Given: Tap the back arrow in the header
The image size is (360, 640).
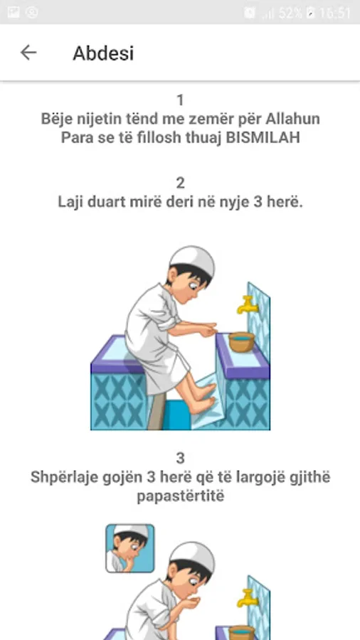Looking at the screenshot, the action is [28, 53].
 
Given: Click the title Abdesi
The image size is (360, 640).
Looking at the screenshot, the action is [103, 53].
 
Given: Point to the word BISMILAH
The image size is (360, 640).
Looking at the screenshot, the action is [263, 137].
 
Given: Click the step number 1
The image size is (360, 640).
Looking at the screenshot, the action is [180, 100].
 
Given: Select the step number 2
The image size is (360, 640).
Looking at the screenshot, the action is [180, 183].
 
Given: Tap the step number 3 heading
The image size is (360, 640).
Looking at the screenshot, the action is [180, 459].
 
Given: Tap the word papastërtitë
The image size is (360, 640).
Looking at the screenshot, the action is [180, 497].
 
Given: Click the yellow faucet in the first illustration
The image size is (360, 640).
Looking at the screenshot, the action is [247, 304].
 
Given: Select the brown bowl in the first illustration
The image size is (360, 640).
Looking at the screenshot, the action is [241, 342].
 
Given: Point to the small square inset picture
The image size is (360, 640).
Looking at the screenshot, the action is [130, 548].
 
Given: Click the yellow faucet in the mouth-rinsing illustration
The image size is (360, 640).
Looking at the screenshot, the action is [247, 597].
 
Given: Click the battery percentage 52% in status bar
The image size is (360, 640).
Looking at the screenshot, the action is [290, 13].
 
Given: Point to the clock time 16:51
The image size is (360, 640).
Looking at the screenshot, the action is [334, 13].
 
